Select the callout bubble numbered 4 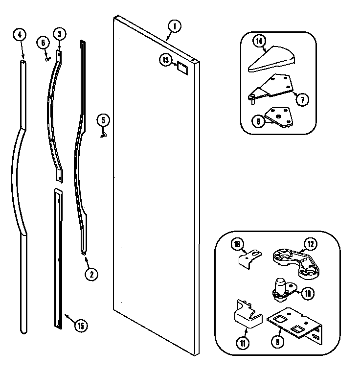19,35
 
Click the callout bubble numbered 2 90,274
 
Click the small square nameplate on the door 182,67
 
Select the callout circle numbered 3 59,34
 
